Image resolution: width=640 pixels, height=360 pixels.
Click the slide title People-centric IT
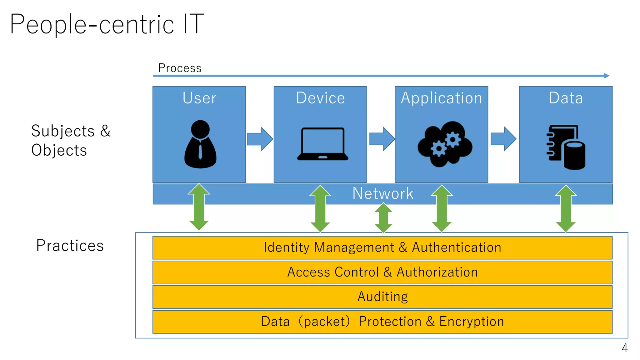pos(107,24)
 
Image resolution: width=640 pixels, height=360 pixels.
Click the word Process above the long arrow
pos(180,68)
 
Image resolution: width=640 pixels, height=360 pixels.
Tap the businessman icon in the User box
pos(200,144)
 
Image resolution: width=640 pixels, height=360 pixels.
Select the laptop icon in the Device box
pos(322,144)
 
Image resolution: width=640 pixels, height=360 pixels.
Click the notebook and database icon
pos(566,147)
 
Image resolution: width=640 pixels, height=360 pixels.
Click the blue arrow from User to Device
pos(260,139)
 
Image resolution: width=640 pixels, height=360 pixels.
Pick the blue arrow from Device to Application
pos(382,139)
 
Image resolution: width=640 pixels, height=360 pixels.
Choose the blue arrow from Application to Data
pos(503,139)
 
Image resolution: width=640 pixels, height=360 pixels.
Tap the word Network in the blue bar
pos(383,193)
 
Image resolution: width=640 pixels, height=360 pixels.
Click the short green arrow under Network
pos(383,218)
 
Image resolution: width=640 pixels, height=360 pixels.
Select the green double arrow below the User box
pos(199,207)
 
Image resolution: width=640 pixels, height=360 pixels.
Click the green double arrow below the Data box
pos(566,208)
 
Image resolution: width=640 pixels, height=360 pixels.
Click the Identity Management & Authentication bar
pos(382,247)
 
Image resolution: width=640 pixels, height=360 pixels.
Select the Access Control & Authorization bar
pos(382,272)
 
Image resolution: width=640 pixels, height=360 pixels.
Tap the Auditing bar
pos(382,297)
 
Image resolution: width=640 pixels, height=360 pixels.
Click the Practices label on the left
pos(70,246)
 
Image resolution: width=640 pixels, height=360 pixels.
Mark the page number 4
pos(624,348)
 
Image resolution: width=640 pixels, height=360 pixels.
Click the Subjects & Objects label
pos(71,140)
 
